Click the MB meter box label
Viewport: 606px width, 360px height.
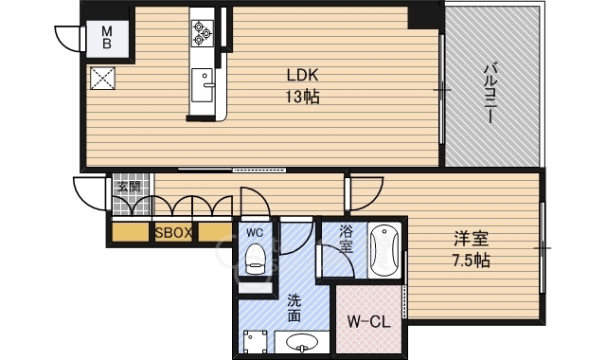click(107, 37)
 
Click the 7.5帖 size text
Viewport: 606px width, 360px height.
click(471, 260)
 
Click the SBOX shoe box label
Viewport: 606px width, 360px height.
click(174, 232)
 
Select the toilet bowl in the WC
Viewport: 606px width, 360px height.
click(255, 258)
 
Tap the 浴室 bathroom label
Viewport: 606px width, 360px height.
click(348, 238)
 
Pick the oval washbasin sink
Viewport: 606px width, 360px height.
click(300, 341)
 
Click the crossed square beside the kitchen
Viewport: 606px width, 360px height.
click(101, 78)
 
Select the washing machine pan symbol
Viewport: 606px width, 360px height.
click(253, 341)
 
